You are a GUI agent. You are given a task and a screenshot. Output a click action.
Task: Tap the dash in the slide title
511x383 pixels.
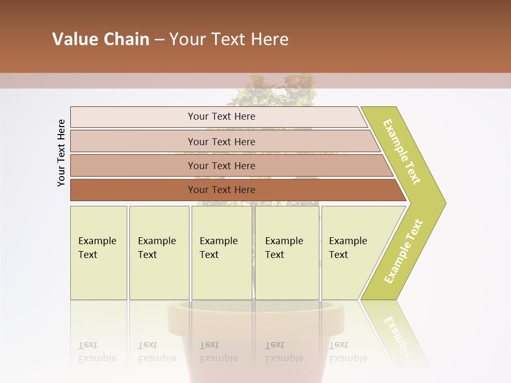click(159, 40)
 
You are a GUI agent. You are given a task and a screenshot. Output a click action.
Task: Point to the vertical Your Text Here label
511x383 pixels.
click(61, 153)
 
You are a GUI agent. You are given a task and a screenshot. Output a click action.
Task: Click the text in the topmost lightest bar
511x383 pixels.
click(221, 116)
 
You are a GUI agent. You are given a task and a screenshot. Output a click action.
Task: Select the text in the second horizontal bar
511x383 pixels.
click(221, 141)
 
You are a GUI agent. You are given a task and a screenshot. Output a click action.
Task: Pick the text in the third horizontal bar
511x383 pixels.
click(221, 165)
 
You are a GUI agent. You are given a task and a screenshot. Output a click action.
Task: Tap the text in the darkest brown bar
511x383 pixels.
click(221, 189)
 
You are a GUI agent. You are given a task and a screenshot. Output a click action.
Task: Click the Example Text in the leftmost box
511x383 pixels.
click(97, 248)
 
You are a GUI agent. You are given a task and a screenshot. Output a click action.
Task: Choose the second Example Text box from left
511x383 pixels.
click(157, 248)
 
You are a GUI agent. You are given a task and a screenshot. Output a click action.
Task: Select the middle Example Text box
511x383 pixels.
click(219, 248)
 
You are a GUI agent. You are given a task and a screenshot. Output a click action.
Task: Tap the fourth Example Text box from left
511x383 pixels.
click(284, 248)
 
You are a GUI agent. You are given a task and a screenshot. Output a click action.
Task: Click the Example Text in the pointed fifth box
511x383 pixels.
click(348, 248)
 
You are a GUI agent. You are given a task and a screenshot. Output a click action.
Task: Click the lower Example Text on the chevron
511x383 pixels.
click(403, 252)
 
